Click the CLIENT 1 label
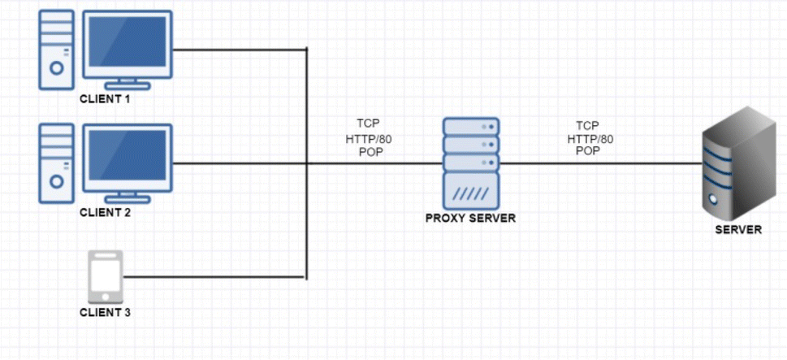point(104,99)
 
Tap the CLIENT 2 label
point(104,213)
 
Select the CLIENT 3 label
point(105,312)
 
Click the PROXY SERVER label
point(471,219)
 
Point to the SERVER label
point(737,229)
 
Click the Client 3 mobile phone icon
point(106,276)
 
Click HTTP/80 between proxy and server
point(590,139)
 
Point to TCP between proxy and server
point(588,126)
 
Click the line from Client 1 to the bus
point(240,50)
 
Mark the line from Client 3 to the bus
point(215,277)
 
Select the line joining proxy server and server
point(601,163)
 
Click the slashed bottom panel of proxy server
point(471,193)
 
